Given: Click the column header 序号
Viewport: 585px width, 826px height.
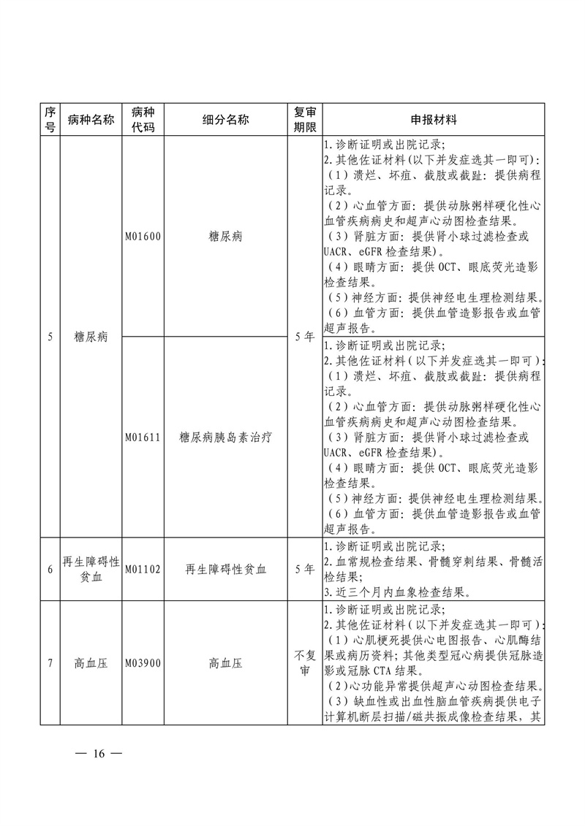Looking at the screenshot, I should click(50, 120).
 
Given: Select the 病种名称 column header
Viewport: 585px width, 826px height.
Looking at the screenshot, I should click(91, 120).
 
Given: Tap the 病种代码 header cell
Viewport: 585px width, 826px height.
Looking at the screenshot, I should click(143, 120).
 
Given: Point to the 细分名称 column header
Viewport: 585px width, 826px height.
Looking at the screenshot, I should click(225, 120).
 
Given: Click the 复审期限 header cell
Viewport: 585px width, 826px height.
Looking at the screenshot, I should click(304, 120).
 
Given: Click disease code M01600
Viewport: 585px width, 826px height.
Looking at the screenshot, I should click(143, 237).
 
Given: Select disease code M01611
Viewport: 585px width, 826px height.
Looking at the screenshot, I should click(143, 437).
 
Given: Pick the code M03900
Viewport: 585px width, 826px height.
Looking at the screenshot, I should click(143, 664).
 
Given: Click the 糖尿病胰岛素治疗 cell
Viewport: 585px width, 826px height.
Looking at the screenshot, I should click(225, 437).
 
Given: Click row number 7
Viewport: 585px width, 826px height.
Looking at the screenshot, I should click(50, 664).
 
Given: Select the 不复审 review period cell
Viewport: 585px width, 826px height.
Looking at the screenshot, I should click(304, 663).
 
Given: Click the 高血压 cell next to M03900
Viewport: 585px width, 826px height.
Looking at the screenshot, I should click(225, 664).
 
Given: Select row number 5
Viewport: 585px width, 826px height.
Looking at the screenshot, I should click(50, 337).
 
